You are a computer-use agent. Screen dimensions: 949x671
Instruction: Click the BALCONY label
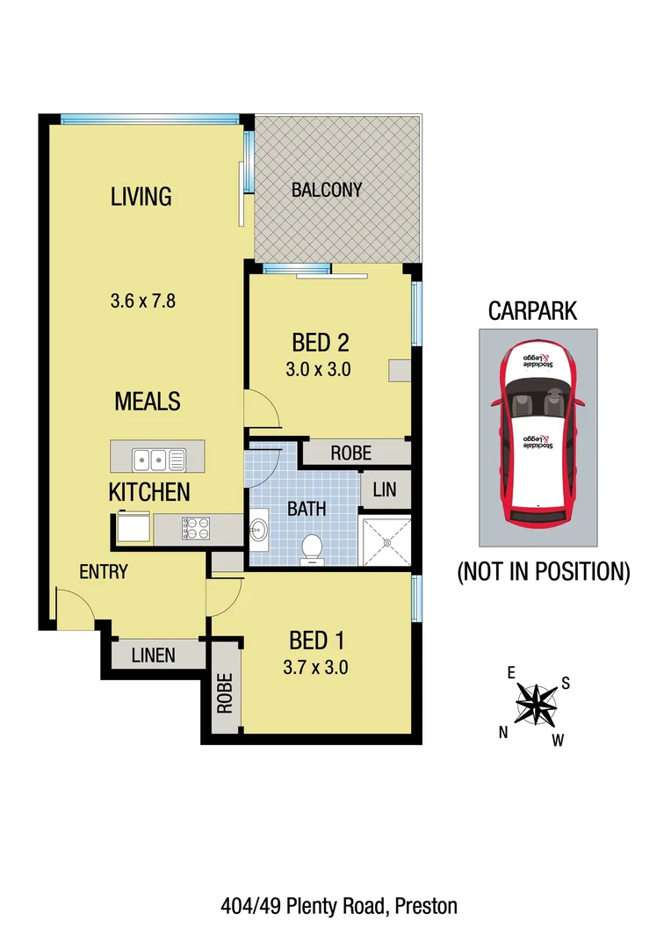327,190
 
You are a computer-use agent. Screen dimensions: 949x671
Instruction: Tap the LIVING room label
141,196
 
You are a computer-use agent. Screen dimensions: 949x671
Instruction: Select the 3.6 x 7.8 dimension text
144,301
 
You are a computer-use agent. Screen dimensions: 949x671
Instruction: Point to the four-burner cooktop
196,528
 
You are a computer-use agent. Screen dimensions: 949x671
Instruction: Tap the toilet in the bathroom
312,549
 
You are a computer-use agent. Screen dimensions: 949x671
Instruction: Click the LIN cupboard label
385,490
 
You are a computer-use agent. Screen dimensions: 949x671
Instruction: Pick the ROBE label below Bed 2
350,453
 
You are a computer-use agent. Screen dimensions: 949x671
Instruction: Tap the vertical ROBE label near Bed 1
225,693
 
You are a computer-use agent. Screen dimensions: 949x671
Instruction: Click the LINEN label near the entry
154,656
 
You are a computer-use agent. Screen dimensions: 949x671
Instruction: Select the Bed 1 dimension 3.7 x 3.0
315,667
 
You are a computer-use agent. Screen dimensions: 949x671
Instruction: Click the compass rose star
535,704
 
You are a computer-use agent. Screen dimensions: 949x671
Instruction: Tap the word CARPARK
532,311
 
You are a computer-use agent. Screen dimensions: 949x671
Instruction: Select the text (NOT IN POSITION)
544,573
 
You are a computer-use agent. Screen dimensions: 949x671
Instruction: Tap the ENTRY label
104,572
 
